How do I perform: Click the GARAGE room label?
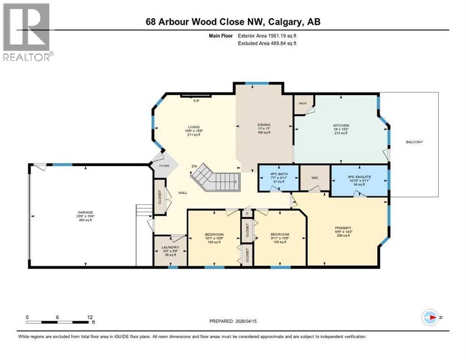point(85,212)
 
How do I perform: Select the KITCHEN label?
point(341,126)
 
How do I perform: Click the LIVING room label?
point(194,127)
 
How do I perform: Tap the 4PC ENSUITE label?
point(360,176)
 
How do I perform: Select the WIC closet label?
point(315,178)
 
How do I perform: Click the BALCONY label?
point(415,142)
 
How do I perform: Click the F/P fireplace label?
point(196,100)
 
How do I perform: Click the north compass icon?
point(429,317)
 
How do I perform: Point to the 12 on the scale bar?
point(90,317)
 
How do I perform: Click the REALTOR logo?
point(27,32)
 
